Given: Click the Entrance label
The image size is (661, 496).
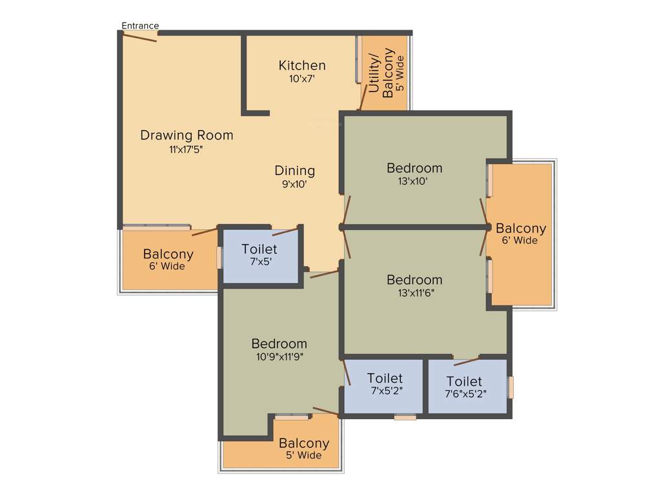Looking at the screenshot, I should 140,26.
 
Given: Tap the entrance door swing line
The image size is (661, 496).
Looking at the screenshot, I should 140,37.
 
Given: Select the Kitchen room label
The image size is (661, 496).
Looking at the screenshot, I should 302,65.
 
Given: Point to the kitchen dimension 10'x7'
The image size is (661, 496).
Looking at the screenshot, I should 302,79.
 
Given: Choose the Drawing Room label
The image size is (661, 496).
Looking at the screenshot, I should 187,136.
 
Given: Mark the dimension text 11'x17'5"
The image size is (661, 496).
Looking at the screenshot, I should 187,150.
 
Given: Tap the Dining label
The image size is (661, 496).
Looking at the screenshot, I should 295,170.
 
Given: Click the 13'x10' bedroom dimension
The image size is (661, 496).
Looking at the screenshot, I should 414,181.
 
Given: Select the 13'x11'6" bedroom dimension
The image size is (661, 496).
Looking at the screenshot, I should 414,293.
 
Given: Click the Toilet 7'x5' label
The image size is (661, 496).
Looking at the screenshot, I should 259,249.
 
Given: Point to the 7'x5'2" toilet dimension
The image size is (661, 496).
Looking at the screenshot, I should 385,391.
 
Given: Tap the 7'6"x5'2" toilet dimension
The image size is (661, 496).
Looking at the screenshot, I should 464,393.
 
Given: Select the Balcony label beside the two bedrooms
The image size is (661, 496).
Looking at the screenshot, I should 520,228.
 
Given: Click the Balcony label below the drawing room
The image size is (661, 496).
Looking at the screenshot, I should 168,254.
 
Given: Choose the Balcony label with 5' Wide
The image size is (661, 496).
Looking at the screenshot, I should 304,444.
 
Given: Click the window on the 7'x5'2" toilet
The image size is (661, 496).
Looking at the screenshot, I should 405,417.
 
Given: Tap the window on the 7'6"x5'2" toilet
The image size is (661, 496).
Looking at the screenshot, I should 511,387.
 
